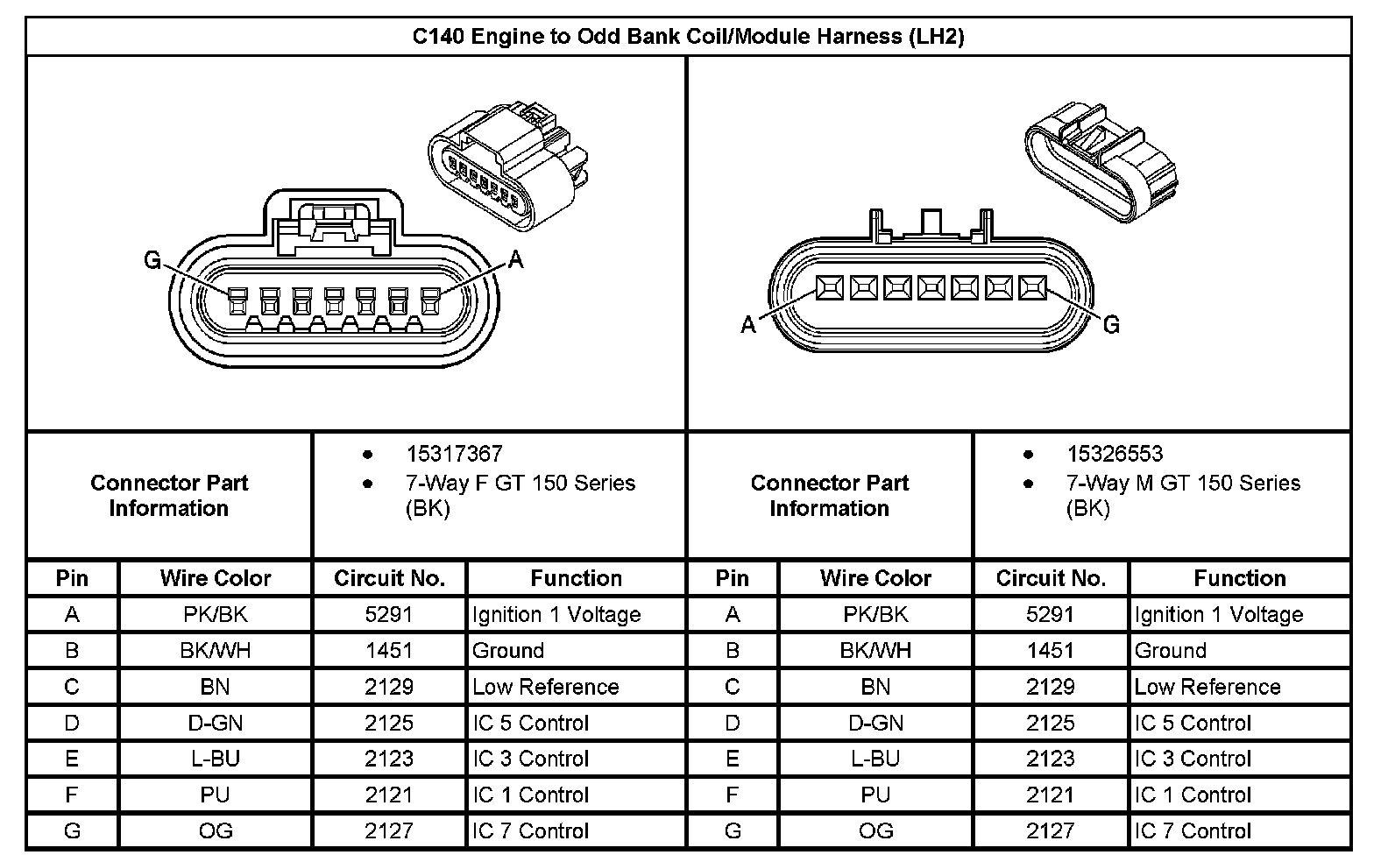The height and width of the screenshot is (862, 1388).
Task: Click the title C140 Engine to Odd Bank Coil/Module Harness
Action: (x=688, y=37)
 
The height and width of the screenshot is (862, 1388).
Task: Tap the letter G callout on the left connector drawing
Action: (x=152, y=260)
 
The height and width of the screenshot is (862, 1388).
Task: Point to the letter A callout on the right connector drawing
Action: (x=747, y=325)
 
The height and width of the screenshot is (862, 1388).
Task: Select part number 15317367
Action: (x=454, y=454)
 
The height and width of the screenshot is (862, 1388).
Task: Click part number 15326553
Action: (x=1115, y=454)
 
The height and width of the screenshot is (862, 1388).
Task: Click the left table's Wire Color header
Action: (x=215, y=578)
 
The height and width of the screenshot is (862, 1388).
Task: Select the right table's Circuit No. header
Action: (x=1051, y=578)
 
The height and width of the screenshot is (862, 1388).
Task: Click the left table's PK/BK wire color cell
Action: (x=215, y=615)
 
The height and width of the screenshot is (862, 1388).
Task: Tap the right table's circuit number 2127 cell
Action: (x=1050, y=831)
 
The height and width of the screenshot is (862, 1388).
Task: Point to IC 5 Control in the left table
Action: (x=530, y=724)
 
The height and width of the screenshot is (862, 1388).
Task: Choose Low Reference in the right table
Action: (x=1207, y=687)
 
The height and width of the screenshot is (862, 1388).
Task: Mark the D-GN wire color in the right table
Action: (x=875, y=724)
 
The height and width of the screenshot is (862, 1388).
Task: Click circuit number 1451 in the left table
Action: (x=389, y=651)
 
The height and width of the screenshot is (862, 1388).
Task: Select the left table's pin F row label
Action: (x=72, y=795)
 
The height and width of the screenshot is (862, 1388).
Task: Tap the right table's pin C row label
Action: (x=733, y=687)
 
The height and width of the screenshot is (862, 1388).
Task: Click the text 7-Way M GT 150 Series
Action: (x=1183, y=483)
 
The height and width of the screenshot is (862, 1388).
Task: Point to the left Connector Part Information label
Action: (x=169, y=496)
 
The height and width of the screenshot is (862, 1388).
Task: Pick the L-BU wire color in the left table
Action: (x=215, y=760)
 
